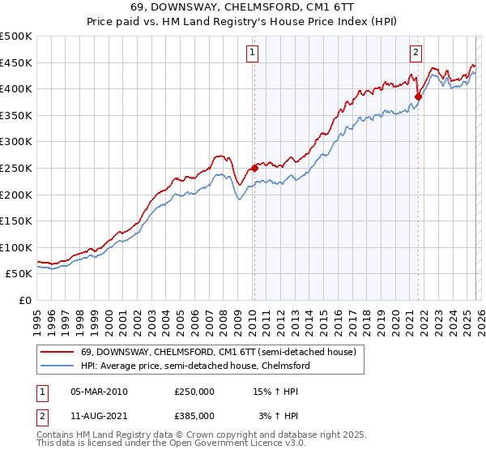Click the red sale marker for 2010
pyautogui.click(x=254, y=169)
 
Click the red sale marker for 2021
pyautogui.click(x=418, y=97)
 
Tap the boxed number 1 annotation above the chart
pyautogui.click(x=253, y=53)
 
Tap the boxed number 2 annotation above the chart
pyautogui.click(x=416, y=53)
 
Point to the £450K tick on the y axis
pyautogui.click(x=15, y=62)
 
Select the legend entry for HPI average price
pyautogui.click(x=194, y=366)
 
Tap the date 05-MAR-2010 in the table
pyautogui.click(x=99, y=392)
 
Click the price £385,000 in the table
pyautogui.click(x=194, y=416)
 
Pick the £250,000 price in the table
pyautogui.click(x=194, y=392)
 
